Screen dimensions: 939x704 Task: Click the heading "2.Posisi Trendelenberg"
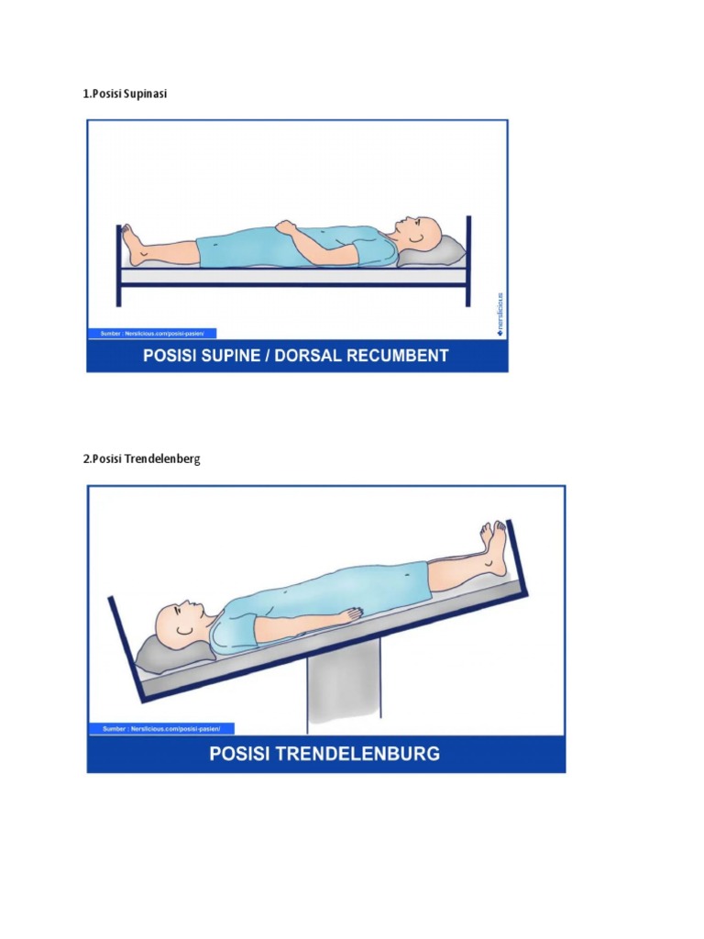coord(141,458)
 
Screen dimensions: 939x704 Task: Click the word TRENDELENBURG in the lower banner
coord(351,754)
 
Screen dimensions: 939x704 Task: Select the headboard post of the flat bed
coord(468,260)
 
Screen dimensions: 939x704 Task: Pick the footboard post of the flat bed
coord(118,266)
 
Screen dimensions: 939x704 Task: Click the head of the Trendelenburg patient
coord(179,623)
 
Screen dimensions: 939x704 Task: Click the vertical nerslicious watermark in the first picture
coord(500,313)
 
